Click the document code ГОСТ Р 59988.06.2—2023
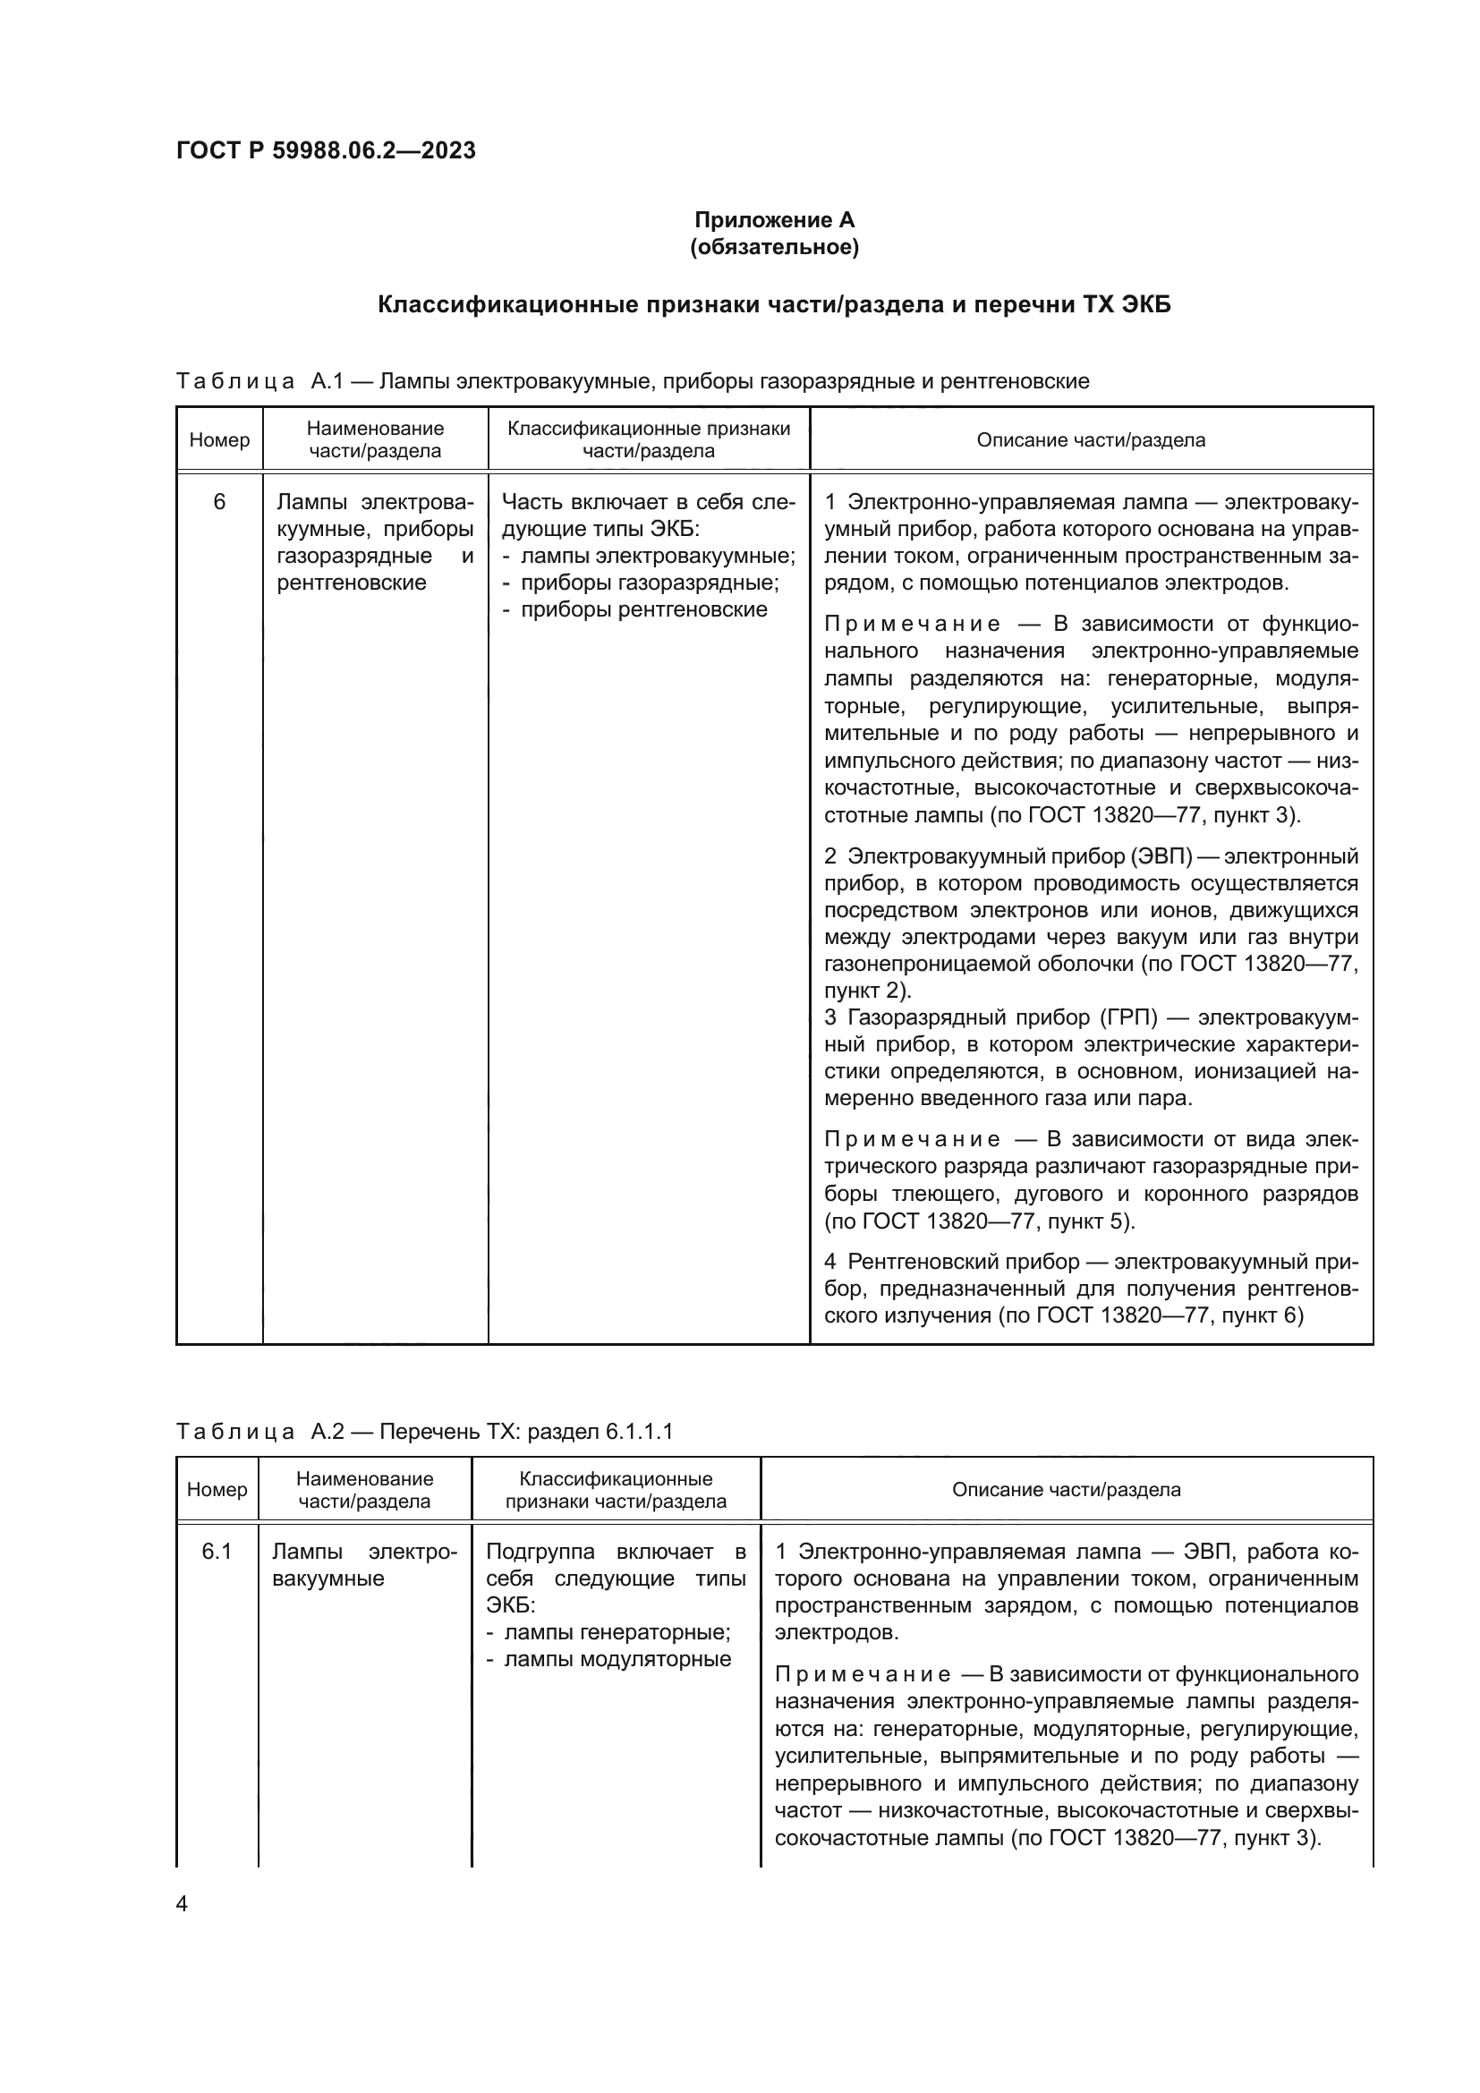tap(326, 150)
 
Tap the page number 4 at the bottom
tap(182, 1903)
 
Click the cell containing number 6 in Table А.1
tap(218, 502)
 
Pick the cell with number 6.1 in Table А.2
tap(217, 1552)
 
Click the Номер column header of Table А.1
tap(218, 440)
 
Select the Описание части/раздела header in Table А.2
tap(1067, 1490)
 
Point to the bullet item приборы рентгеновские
tap(643, 610)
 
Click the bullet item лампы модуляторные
tap(617, 1659)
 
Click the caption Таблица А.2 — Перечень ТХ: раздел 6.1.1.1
tap(424, 1432)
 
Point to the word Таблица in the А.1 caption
tap(234, 382)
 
